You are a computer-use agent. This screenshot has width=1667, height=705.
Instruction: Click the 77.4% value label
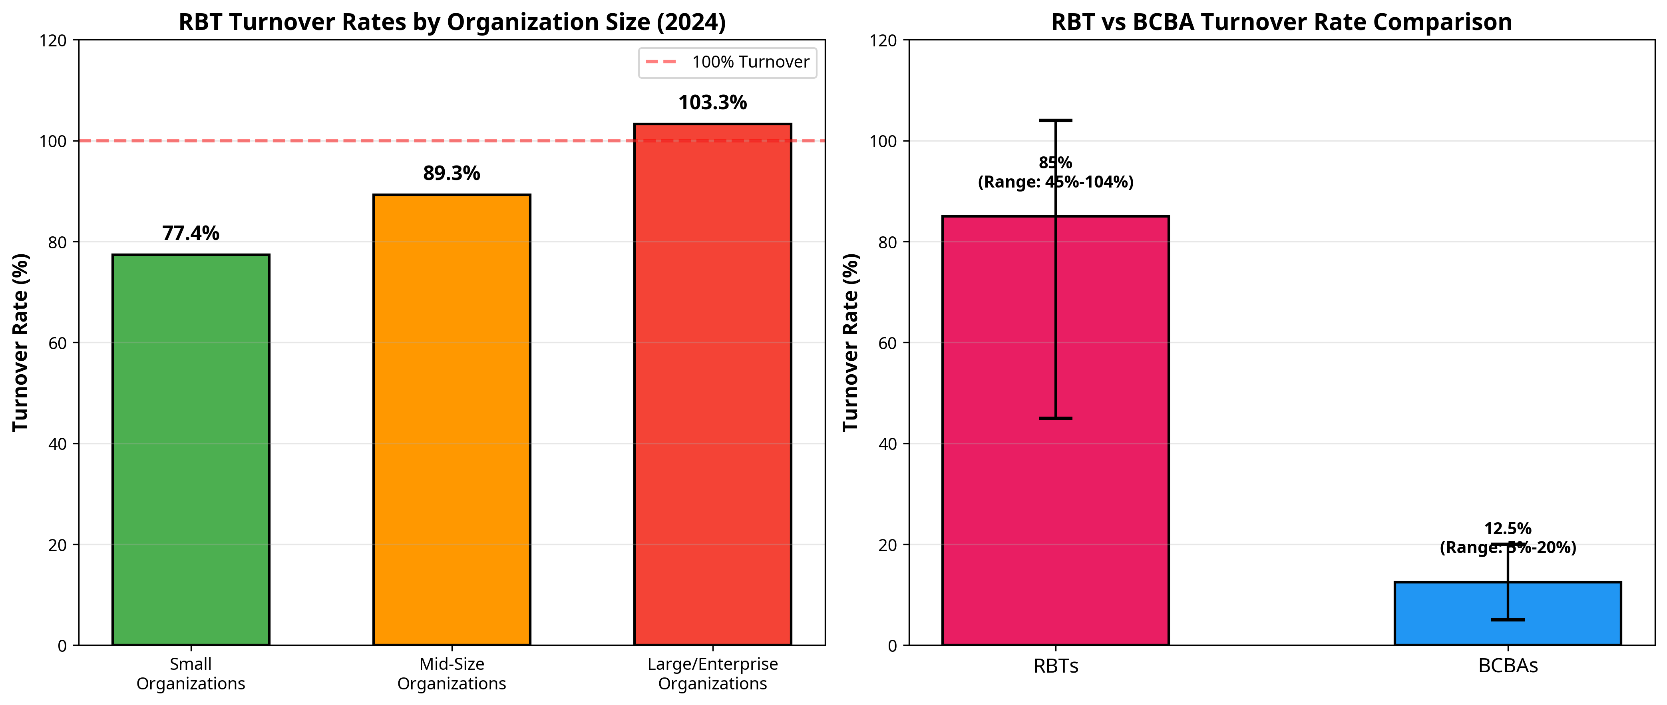click(x=191, y=233)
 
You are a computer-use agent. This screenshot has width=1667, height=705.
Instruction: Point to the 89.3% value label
click(x=452, y=174)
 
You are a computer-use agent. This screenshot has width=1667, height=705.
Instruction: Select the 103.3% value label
click(x=712, y=103)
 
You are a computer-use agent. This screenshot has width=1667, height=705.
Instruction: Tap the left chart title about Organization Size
click(x=452, y=22)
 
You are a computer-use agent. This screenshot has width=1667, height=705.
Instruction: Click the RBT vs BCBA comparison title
click(x=1281, y=22)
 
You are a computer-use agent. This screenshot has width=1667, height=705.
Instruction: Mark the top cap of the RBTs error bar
click(x=1056, y=120)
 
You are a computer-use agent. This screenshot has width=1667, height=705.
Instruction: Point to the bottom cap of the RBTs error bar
click(x=1056, y=418)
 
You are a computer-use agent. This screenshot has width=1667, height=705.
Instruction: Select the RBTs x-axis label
click(x=1056, y=666)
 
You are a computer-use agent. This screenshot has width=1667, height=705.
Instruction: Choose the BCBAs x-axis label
click(x=1508, y=666)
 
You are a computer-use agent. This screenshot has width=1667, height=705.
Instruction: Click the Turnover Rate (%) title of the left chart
click(x=21, y=342)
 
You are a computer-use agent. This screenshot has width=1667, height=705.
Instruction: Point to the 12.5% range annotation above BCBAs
click(x=1508, y=538)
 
